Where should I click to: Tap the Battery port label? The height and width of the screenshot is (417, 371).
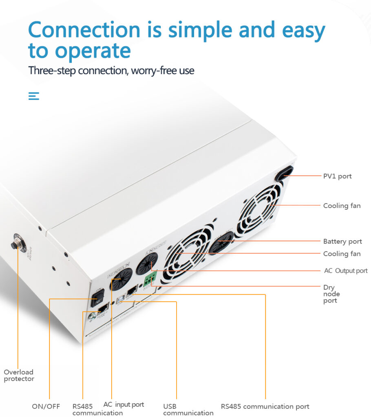pyautogui.click(x=342, y=241)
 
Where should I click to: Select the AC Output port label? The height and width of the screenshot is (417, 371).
pyautogui.click(x=346, y=271)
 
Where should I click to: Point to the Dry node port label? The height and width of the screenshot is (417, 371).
pyautogui.click(x=331, y=294)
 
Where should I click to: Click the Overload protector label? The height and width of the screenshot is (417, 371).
pyautogui.click(x=19, y=375)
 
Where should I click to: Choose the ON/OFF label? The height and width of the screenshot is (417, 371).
pyautogui.click(x=46, y=406)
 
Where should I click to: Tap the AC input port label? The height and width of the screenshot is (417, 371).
pyautogui.click(x=124, y=405)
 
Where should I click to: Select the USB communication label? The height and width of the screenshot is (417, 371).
pyautogui.click(x=188, y=410)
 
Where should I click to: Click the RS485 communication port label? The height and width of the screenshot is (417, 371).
pyautogui.click(x=265, y=406)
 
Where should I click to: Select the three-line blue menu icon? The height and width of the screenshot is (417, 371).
pyautogui.click(x=34, y=96)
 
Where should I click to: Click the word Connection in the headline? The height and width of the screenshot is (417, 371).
pyautogui.click(x=84, y=30)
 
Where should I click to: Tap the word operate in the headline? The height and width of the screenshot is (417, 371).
pyautogui.click(x=93, y=51)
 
